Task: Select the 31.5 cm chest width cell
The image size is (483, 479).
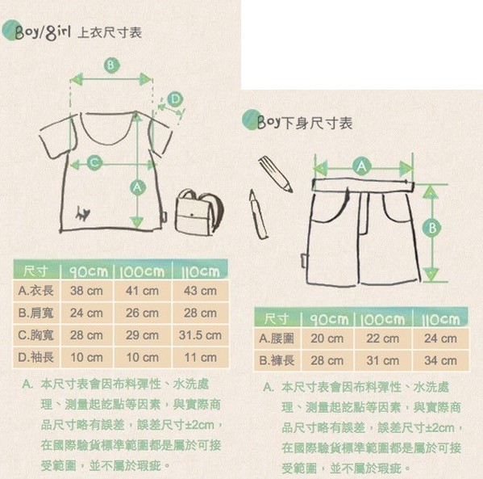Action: pyautogui.click(x=200, y=334)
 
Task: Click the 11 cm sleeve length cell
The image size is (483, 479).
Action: pyautogui.click(x=200, y=357)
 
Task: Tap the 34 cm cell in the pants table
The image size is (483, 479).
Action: pyautogui.click(x=440, y=360)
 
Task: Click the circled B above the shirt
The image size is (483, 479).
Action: pyautogui.click(x=111, y=65)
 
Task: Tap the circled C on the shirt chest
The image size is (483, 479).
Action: pyautogui.click(x=94, y=163)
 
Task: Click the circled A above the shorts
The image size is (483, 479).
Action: pyautogui.click(x=361, y=166)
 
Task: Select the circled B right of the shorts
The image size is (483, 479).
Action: pyautogui.click(x=433, y=229)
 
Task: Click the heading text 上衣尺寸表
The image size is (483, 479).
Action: pyautogui.click(x=110, y=33)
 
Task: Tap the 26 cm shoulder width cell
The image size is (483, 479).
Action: pyautogui.click(x=143, y=313)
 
